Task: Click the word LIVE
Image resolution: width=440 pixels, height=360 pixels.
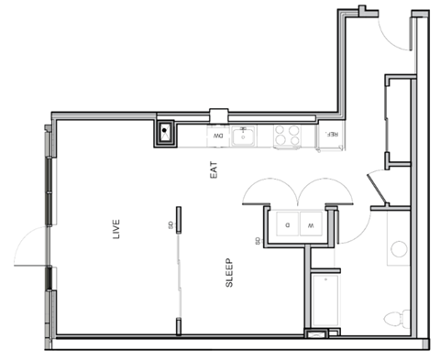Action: pyautogui.click(x=116, y=228)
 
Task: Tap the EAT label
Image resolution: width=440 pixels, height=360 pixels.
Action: pyautogui.click(x=214, y=169)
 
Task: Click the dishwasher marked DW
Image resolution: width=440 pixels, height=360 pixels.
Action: pyautogui.click(x=219, y=136)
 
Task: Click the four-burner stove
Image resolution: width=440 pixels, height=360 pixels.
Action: pyautogui.click(x=287, y=136)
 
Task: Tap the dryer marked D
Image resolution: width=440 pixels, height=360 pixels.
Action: pyautogui.click(x=286, y=224)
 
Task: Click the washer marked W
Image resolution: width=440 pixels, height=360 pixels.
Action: pyautogui.click(x=311, y=224)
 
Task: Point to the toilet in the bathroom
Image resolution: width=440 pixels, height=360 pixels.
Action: pyautogui.click(x=394, y=320)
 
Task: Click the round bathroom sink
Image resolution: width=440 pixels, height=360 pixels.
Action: pyautogui.click(x=398, y=248)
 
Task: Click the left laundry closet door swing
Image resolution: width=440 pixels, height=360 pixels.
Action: pyautogui.click(x=265, y=190)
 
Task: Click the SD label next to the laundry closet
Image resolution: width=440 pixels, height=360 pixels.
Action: pyautogui.click(x=258, y=241)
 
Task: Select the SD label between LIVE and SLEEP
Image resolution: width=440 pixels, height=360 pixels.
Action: pyautogui.click(x=170, y=224)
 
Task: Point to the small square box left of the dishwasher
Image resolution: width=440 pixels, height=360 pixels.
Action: pyautogui.click(x=165, y=134)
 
